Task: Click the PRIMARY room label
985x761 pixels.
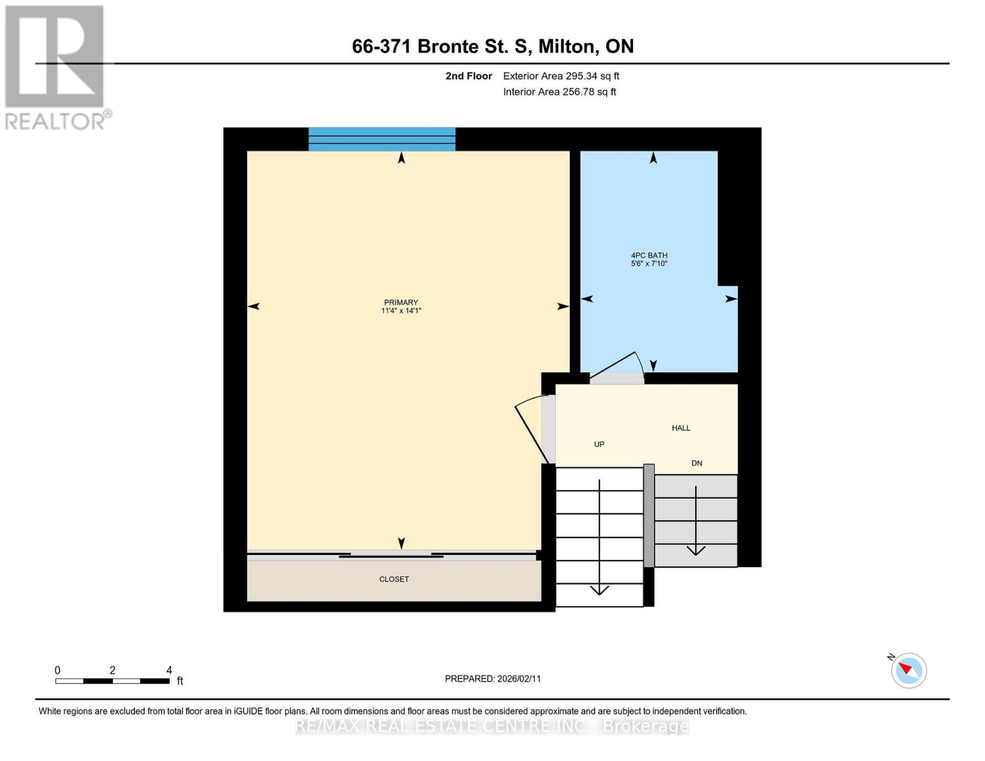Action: click(401, 302)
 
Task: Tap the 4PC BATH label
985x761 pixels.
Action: click(649, 256)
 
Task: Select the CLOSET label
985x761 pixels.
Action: click(394, 579)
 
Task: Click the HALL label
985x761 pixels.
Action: click(681, 428)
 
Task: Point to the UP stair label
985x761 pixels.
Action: click(599, 445)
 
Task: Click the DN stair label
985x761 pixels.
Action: click(696, 463)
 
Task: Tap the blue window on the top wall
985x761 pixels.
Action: click(382, 139)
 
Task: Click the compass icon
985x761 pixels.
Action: click(908, 670)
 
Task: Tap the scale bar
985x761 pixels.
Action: click(112, 681)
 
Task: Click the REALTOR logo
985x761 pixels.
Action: click(56, 67)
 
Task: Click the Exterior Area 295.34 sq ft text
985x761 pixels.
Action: click(561, 76)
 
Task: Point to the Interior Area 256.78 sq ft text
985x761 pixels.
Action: click(559, 92)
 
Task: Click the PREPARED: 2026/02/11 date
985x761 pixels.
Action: click(492, 679)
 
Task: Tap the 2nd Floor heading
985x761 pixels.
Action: click(469, 76)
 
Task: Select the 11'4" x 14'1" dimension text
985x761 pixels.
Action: click(401, 311)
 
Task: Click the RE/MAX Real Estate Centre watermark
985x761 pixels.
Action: click(492, 726)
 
